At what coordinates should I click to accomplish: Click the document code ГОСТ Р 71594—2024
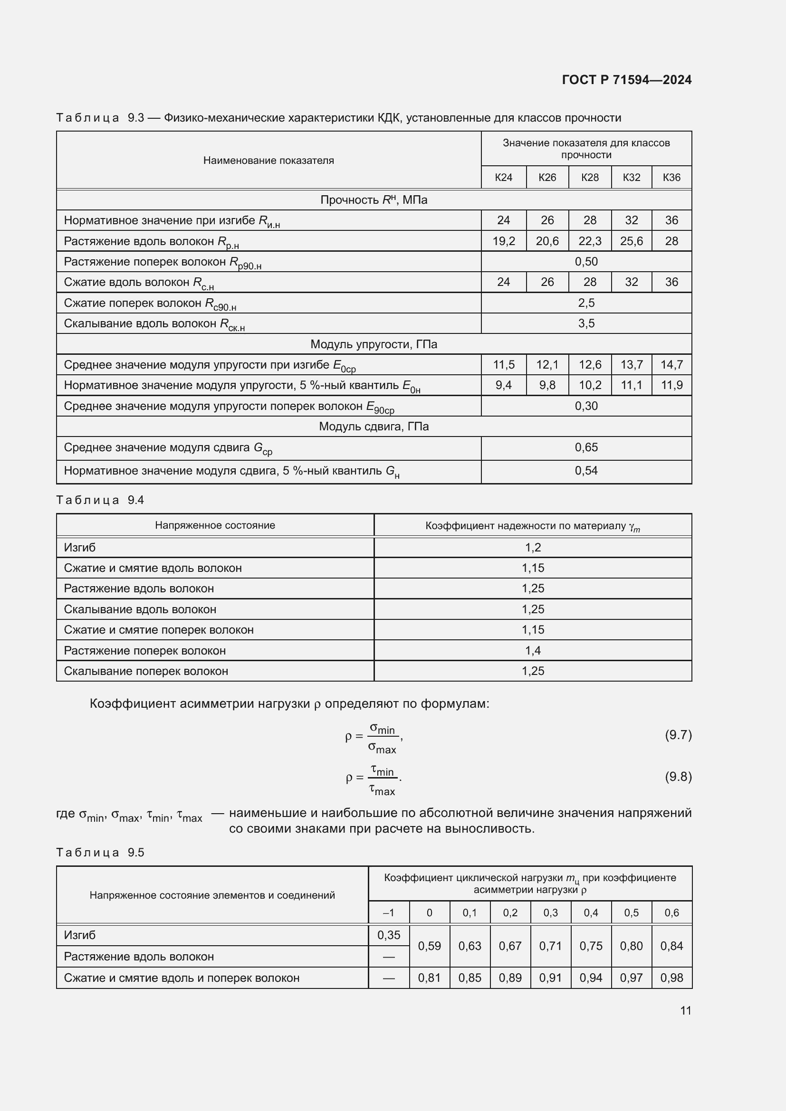pos(626,80)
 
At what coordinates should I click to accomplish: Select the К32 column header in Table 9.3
pos(631,177)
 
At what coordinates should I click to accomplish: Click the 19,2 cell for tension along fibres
pos(503,241)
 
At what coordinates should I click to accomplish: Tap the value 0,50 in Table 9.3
pos(586,262)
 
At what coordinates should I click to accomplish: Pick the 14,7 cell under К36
pos(671,364)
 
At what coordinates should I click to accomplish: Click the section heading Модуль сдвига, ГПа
pos(374,426)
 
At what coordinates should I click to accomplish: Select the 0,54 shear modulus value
pos(586,470)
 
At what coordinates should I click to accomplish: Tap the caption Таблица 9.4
pos(100,500)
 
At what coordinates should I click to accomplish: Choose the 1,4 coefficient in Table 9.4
pos(532,650)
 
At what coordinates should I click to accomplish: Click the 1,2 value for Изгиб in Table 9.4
pos(532,547)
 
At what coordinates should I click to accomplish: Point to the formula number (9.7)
pos(678,735)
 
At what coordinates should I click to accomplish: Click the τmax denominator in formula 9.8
pos(383,791)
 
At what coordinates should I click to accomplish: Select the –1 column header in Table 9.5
pos(388,912)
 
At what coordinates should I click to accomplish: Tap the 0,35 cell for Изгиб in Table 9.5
pos(389,935)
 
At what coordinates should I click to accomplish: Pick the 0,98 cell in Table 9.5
pos(671,978)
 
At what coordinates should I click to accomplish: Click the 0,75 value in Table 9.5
pos(591,946)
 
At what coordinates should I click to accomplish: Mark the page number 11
pos(685,1010)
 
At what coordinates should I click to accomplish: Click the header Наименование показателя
pos(268,161)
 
